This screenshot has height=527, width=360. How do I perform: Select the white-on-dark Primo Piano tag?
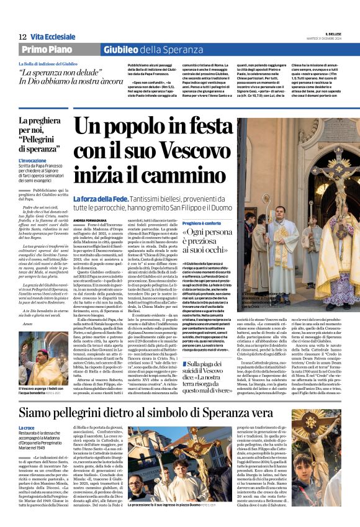(x=47, y=50)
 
